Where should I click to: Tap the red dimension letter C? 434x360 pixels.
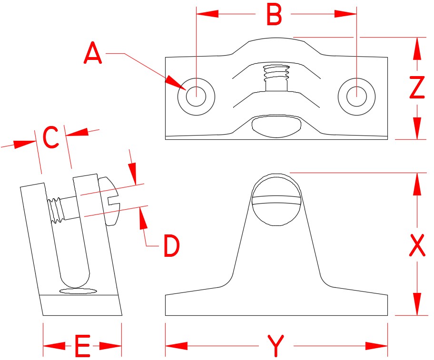tap(50, 138)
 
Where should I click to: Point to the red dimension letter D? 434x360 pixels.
tap(171, 246)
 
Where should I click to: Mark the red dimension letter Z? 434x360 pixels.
tap(417, 88)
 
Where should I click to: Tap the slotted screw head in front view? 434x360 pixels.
tap(276, 195)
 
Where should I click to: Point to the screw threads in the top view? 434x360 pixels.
tap(276, 72)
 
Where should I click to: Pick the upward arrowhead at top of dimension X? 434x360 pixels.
tap(417, 183)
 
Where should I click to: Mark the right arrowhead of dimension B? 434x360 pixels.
tap(346, 15)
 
